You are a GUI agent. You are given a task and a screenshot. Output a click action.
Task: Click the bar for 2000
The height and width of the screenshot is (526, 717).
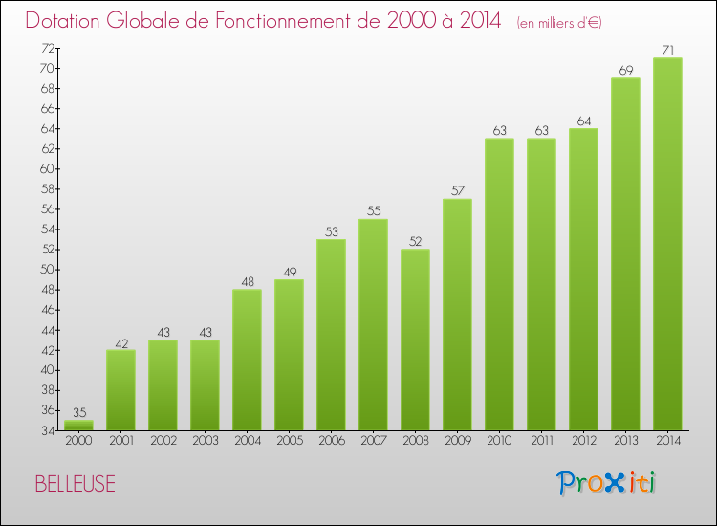pos(78,425)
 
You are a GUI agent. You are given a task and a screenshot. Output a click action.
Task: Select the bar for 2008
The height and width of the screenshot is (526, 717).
pos(415,340)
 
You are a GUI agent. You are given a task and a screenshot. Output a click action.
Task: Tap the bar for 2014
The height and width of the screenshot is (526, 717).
pos(667,244)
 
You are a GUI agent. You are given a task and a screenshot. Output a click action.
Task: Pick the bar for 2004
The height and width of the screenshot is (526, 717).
pos(247,360)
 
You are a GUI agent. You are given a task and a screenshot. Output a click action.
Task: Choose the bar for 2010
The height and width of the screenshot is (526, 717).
pos(499,284)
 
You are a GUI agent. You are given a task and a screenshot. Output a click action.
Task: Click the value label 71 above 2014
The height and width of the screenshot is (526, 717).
pos(667,49)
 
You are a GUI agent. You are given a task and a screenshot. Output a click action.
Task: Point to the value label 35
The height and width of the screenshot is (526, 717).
pos(78,411)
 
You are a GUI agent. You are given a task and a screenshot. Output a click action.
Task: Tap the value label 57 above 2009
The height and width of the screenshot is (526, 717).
pos(457,189)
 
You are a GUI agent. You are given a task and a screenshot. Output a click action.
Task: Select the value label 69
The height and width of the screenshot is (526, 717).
pos(625,69)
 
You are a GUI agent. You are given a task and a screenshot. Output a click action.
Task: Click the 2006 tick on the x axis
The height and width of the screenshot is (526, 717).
pos(331,441)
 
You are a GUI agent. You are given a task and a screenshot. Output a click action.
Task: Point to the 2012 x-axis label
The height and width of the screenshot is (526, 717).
pos(583,441)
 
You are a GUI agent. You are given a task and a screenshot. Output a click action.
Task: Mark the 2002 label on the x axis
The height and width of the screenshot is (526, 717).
pos(163,441)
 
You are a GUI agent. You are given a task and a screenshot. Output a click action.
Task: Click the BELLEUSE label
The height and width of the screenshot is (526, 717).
pos(75,484)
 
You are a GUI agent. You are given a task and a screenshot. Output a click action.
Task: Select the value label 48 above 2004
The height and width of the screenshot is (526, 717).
pos(247,280)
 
